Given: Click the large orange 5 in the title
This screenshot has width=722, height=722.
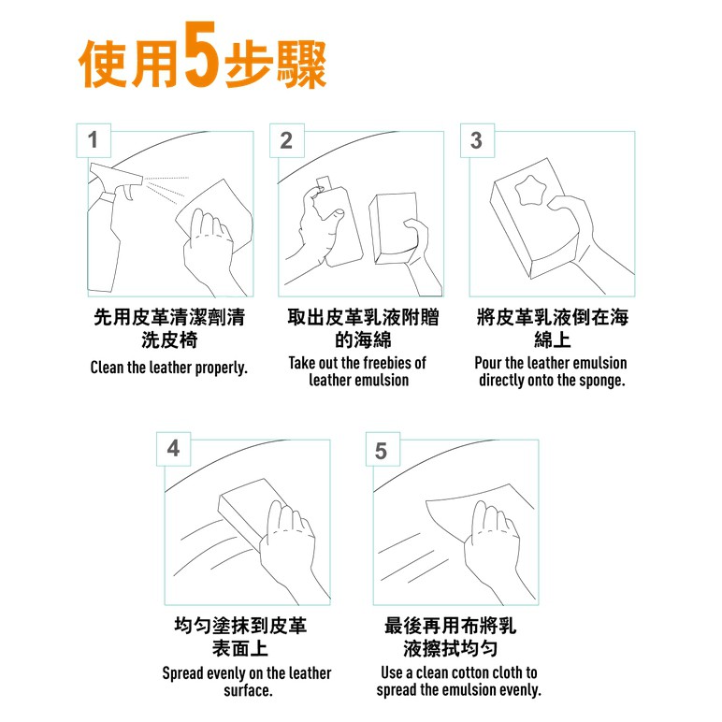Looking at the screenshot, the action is pyautogui.click(x=201, y=54).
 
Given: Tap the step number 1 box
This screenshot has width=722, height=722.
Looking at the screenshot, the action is pyautogui.click(x=94, y=140).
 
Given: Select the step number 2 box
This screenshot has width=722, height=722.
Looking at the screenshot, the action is pyautogui.click(x=286, y=140).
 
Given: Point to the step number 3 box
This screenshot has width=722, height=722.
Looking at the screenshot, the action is pyautogui.click(x=478, y=140).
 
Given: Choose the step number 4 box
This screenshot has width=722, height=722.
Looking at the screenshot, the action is pyautogui.click(x=173, y=449).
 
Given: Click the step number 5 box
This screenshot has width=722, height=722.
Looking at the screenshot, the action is pyautogui.click(x=383, y=449).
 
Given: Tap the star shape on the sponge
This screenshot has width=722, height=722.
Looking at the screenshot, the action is pyautogui.click(x=530, y=190).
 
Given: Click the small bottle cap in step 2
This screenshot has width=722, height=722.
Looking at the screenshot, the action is pyautogui.click(x=324, y=181).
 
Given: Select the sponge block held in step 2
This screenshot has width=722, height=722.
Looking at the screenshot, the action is pyautogui.click(x=395, y=229).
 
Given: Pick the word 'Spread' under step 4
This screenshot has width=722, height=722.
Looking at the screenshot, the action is pyautogui.click(x=182, y=673).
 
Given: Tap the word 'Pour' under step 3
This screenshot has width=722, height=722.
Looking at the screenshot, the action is pyautogui.click(x=487, y=363).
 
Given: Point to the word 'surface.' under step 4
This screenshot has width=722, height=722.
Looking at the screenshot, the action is pyautogui.click(x=248, y=690).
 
